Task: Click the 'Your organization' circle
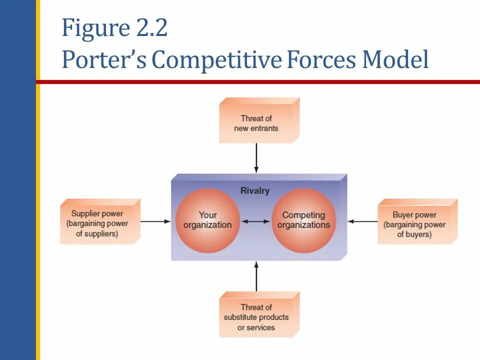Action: pyautogui.click(x=207, y=220)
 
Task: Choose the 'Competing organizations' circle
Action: pyautogui.click(x=303, y=220)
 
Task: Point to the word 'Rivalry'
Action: pyautogui.click(x=255, y=190)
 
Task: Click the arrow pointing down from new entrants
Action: pyautogui.click(x=256, y=157)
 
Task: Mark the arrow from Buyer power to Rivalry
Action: pyautogui.click(x=362, y=220)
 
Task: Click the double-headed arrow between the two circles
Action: pyautogui.click(x=255, y=220)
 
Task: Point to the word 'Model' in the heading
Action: pyautogui.click(x=395, y=60)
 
